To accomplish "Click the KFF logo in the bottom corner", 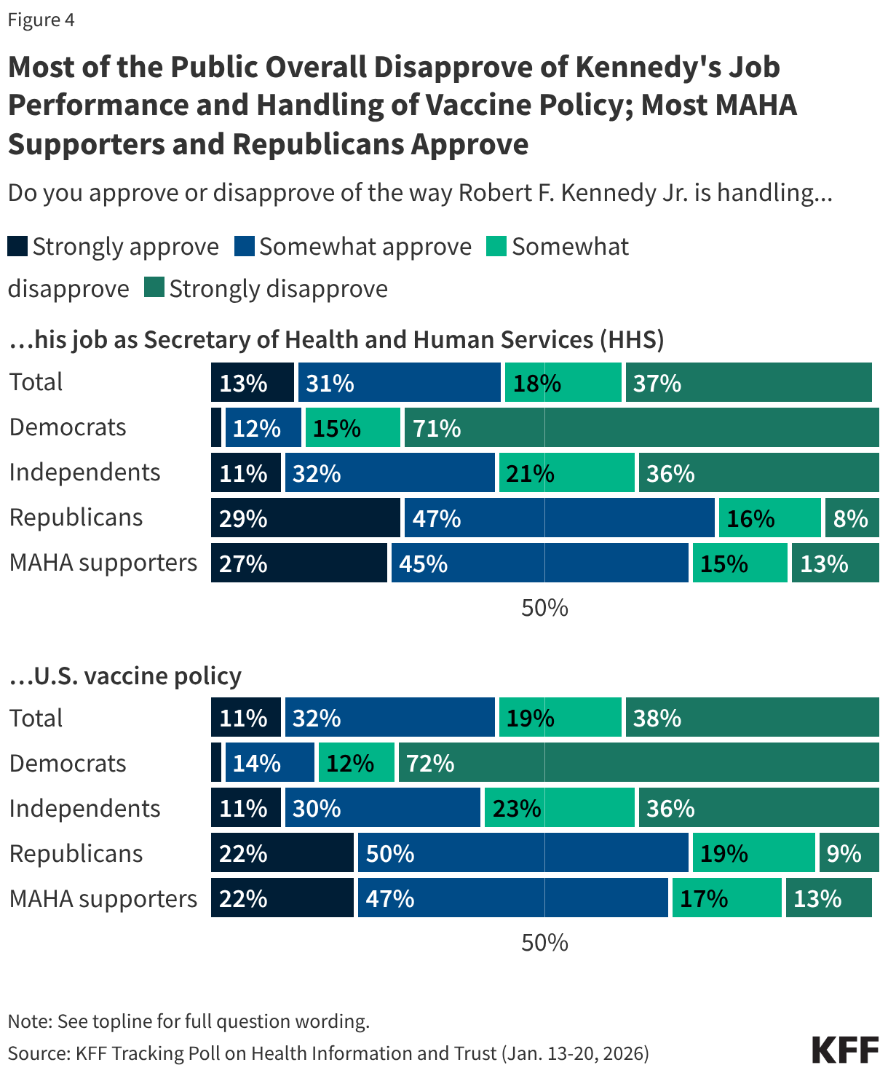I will pos(845,1050).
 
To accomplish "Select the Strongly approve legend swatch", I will pos(17,247).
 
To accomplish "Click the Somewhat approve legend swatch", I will pos(245,247).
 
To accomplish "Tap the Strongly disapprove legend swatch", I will pos(154,288).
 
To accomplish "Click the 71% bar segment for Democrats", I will pos(641,427).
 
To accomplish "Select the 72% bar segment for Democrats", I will pos(638,763).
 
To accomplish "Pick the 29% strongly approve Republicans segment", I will pos(305,518).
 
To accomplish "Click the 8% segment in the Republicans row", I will pos(852,518).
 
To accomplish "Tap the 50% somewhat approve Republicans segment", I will pos(523,853).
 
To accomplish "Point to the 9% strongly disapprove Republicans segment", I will pos(849,853).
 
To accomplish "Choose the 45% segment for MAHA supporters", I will pos(539,563).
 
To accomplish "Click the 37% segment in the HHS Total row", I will pos(748,382).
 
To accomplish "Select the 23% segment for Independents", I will pos(559,808).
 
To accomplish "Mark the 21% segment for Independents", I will pos(566,473).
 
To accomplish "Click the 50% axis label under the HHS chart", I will pos(544,608).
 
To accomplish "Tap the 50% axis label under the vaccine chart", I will pos(544,943).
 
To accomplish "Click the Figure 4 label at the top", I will pos(41,20).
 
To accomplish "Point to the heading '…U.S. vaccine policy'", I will pos(124,676).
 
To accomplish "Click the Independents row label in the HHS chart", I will pos(84,472).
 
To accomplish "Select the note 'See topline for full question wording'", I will pos(189,1021).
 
